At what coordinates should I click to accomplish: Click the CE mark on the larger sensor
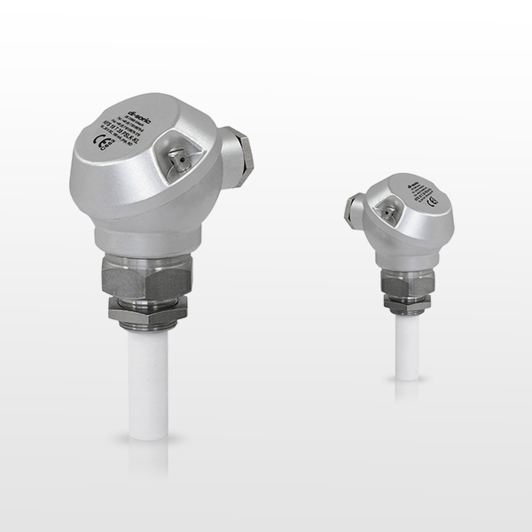pyautogui.click(x=100, y=143)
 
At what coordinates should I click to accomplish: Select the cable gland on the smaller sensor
pyautogui.click(x=352, y=213)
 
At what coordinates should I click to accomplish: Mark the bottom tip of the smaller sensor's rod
pyautogui.click(x=407, y=377)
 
